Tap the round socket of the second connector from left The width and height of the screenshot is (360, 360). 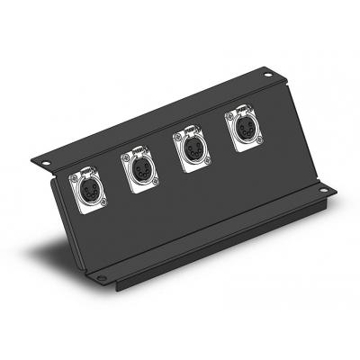[x=139, y=167]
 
